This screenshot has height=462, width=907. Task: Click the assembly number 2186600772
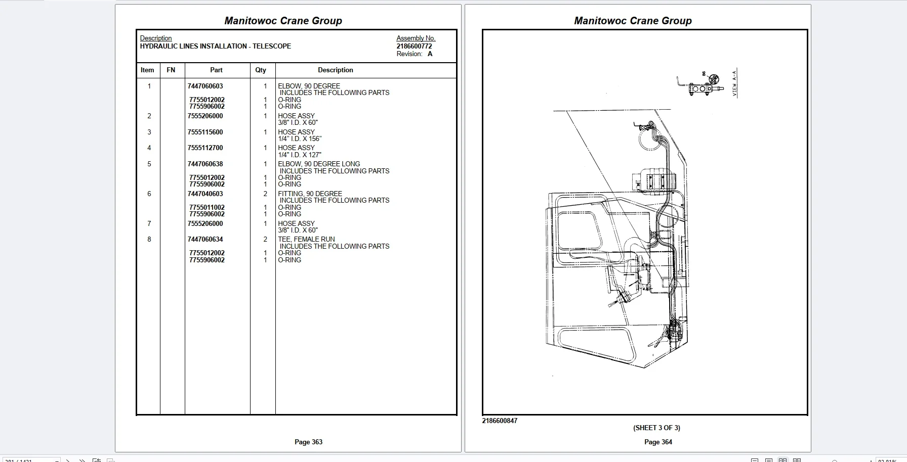414,46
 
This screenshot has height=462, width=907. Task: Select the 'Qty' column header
261,70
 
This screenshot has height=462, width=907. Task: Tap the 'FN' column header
171,70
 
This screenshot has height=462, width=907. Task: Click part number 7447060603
205,86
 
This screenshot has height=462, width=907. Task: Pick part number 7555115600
205,132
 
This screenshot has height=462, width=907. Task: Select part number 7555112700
205,148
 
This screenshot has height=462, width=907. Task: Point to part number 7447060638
205,164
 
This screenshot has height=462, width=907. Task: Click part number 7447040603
205,194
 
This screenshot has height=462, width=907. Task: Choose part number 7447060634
205,240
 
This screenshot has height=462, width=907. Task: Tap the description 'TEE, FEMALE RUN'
306,240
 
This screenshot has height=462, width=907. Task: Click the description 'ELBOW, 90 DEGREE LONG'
319,164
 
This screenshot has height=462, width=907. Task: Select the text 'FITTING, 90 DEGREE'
310,194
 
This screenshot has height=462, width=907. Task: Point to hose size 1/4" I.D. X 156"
300,139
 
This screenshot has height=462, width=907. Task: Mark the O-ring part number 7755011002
207,208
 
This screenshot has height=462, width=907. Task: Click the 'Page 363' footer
308,442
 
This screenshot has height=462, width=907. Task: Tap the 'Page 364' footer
658,442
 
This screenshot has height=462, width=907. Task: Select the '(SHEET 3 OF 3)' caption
656,428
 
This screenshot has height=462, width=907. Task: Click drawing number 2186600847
500,421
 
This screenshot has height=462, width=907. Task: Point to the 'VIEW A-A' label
735,83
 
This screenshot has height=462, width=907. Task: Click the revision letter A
430,54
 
